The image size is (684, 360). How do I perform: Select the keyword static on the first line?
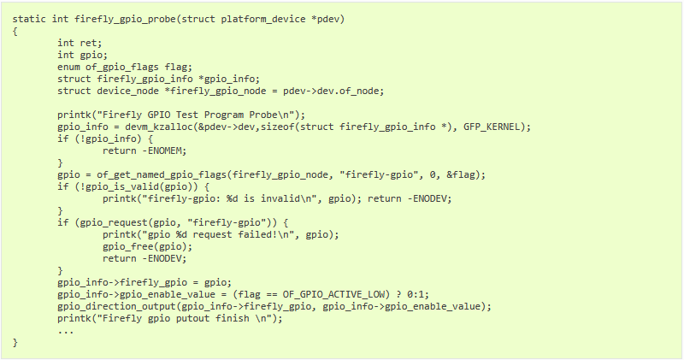tap(29, 19)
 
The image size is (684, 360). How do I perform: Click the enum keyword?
tap(68, 67)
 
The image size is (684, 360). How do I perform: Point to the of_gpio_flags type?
tap(122, 68)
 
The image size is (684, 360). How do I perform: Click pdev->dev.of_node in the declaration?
tap(333, 91)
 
